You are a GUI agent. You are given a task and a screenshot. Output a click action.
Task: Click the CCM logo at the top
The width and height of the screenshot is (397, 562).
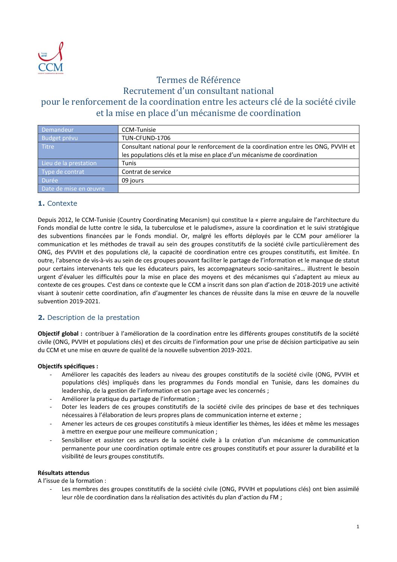(x=51, y=58)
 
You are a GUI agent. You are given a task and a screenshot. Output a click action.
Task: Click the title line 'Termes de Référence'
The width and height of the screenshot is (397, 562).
(x=198, y=80)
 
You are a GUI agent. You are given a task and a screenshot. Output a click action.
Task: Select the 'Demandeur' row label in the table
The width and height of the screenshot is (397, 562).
(x=57, y=130)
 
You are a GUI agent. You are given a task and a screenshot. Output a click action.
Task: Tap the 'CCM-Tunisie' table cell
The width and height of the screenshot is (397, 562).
(x=138, y=130)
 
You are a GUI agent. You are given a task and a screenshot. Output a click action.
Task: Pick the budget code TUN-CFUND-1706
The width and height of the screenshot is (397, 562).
(x=146, y=138)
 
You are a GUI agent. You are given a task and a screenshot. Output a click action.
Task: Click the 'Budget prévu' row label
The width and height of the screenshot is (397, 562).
(x=60, y=138)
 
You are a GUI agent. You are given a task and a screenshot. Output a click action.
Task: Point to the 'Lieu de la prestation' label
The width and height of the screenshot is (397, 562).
(x=69, y=163)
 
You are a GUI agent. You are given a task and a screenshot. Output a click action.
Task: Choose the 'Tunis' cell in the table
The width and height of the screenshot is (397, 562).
(x=129, y=163)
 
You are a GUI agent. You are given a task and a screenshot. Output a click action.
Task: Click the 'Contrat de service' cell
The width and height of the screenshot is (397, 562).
(x=146, y=172)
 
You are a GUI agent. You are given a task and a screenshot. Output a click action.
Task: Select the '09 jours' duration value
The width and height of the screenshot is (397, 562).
(x=132, y=180)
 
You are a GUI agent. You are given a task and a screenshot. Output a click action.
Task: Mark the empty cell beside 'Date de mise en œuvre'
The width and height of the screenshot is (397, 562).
(x=238, y=188)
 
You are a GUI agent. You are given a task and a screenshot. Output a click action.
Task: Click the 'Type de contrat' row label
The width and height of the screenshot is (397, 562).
(x=63, y=172)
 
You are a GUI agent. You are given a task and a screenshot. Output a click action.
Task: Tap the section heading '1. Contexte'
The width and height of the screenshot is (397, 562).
(x=57, y=203)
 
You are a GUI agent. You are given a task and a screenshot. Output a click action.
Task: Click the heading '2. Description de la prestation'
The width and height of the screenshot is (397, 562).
(x=89, y=318)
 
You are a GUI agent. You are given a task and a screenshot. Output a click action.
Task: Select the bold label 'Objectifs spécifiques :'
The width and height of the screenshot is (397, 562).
(x=68, y=366)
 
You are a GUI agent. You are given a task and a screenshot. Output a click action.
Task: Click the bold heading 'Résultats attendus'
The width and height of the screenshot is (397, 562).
(x=63, y=473)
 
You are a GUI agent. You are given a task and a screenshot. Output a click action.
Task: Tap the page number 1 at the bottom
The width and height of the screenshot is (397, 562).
(x=358, y=527)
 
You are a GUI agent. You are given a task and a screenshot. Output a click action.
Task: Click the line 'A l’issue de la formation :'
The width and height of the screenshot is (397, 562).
(x=72, y=481)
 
